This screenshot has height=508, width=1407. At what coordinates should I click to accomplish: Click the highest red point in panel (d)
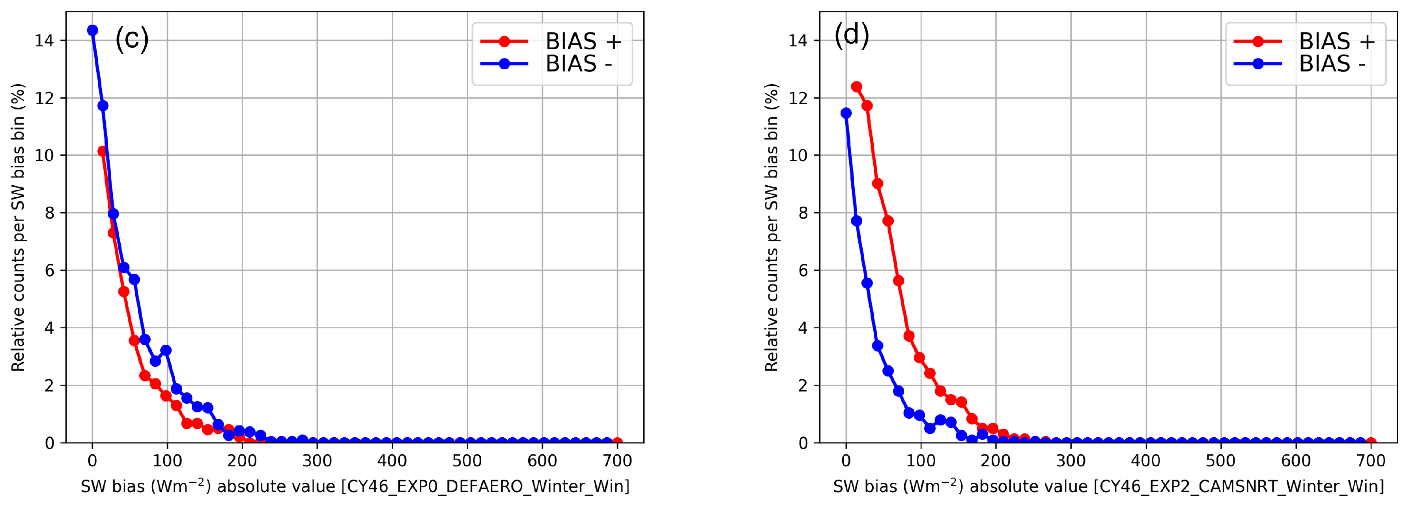point(856,87)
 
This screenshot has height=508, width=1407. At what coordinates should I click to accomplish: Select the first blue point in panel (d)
point(846,113)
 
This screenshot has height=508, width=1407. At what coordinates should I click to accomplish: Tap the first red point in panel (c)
point(103,151)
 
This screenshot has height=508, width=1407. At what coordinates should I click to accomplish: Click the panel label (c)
point(132,39)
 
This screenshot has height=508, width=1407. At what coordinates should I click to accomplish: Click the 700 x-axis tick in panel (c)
point(617,461)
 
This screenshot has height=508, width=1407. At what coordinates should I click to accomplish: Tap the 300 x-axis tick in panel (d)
point(1071,461)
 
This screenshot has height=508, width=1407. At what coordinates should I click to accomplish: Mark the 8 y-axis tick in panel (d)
point(802,213)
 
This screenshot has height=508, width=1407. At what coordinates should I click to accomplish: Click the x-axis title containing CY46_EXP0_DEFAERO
point(355,486)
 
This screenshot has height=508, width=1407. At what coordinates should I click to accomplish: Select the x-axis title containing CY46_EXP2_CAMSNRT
point(1108,486)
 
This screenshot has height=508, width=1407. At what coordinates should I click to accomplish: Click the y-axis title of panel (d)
point(771,227)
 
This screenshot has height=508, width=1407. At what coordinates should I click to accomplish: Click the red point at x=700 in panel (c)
point(617,442)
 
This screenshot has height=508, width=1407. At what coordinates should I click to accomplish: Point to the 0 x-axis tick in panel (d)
point(846,461)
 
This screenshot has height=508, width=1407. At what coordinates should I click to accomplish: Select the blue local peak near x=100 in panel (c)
point(166,350)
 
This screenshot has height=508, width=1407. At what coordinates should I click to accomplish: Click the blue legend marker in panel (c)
point(504,64)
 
